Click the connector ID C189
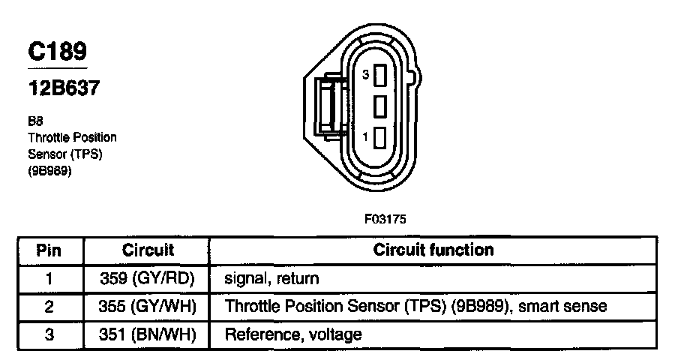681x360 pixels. point(57,51)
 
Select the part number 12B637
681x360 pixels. point(64,88)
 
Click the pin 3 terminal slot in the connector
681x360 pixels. point(379,75)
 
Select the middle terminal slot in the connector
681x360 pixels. point(379,106)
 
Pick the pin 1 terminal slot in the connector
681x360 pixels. point(379,137)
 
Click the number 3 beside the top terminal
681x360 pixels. point(365,75)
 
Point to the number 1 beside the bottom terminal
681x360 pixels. point(365,137)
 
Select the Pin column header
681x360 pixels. point(49,250)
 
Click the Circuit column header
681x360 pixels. point(148,250)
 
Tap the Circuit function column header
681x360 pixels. point(433,250)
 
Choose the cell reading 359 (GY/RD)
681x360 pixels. point(148,278)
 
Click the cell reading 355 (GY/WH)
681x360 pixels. point(148,306)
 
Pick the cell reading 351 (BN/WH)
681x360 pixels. point(148,334)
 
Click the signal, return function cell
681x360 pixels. point(271,279)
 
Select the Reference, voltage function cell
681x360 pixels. point(293,334)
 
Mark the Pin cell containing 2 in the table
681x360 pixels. point(49,306)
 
